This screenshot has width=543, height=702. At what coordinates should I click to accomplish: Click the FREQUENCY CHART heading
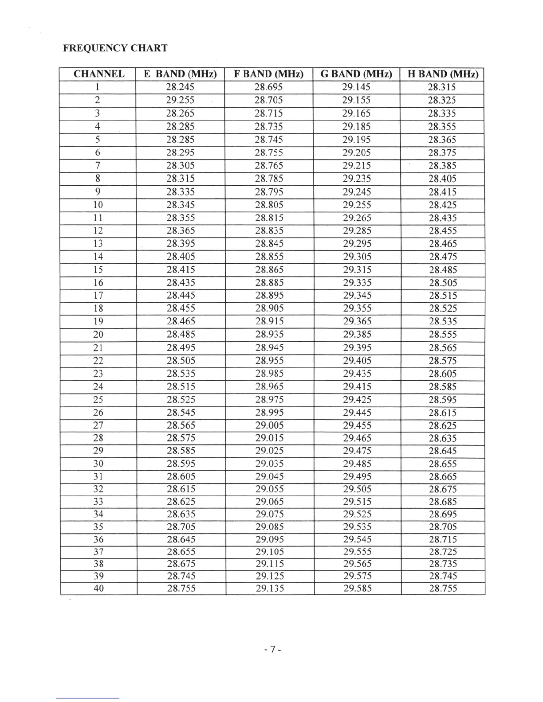(x=115, y=48)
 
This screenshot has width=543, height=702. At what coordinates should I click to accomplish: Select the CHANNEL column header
(x=98, y=74)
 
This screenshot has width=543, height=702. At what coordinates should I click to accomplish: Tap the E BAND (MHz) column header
(x=180, y=74)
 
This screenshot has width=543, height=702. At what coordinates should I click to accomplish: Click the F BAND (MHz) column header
(x=268, y=74)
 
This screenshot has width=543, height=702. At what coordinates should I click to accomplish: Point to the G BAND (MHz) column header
(x=356, y=74)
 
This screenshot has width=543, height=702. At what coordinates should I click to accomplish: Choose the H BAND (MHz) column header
(x=442, y=74)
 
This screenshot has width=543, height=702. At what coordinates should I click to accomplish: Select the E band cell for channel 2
(x=180, y=100)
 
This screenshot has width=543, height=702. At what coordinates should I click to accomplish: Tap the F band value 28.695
(x=268, y=87)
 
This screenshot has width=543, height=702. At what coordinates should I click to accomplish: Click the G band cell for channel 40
(x=357, y=589)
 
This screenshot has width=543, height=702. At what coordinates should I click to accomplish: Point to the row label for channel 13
(x=98, y=244)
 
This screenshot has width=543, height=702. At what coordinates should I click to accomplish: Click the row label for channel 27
(x=98, y=425)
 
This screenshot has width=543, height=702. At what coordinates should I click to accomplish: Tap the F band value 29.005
(x=269, y=425)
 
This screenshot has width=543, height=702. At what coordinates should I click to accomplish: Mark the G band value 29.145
(x=356, y=87)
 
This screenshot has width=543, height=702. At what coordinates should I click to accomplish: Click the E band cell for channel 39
(x=181, y=576)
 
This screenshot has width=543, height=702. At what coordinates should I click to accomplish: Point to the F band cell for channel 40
(x=270, y=589)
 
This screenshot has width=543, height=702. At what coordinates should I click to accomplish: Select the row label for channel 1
(x=98, y=87)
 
